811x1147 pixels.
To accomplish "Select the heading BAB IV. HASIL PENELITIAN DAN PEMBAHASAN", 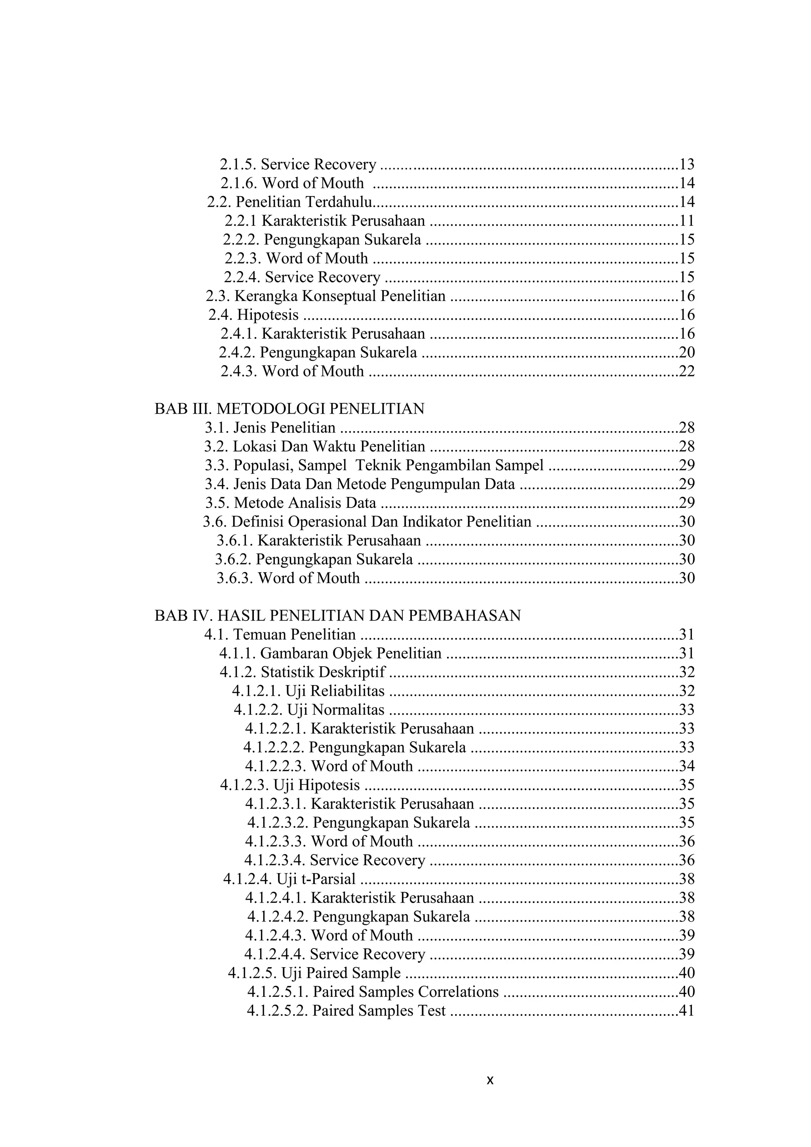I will tap(337, 615).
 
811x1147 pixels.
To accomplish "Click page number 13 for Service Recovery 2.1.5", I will tap(687, 164).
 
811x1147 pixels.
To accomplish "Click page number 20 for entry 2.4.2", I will tap(687, 353).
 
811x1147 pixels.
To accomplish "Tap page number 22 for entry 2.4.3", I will tap(687, 372).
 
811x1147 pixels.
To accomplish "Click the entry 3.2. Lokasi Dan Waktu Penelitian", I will tap(314, 447).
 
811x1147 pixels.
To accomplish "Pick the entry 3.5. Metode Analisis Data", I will tap(291, 503).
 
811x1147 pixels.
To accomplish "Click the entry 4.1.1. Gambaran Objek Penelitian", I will tap(330, 653).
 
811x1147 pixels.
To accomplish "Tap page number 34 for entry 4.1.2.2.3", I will tap(687, 766).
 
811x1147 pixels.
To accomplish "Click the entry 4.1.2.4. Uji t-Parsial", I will tap(289, 879).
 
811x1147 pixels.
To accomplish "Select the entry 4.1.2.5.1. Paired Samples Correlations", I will tap(373, 992).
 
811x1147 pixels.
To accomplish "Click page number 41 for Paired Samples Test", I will tap(687, 1011).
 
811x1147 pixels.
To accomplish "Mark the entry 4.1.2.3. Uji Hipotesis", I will tap(289, 785).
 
